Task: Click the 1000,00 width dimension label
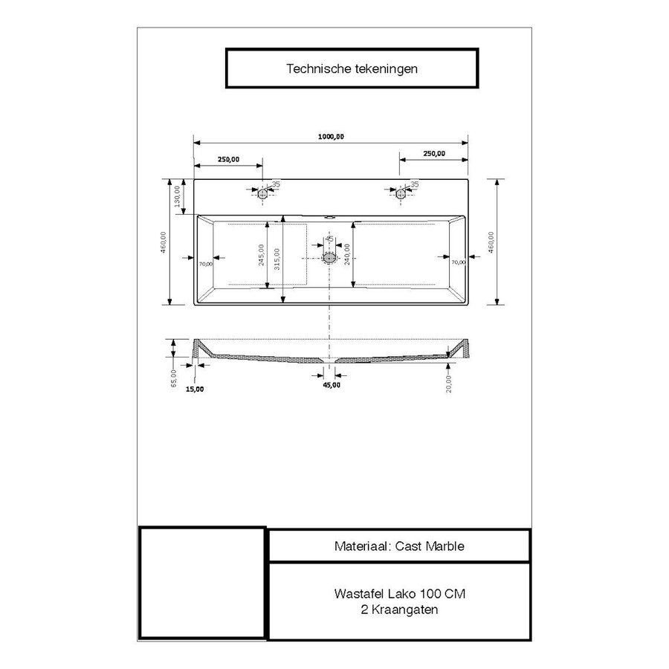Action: [331, 136]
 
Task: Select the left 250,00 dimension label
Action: [228, 159]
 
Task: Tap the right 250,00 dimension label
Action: [433, 154]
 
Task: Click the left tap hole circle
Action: [262, 194]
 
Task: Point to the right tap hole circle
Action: [401, 194]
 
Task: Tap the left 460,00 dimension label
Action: [164, 242]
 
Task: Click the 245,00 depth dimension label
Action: [262, 256]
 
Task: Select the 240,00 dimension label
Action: [348, 256]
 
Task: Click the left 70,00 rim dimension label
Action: [206, 262]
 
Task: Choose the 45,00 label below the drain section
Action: [332, 385]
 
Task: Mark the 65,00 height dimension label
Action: [173, 378]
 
